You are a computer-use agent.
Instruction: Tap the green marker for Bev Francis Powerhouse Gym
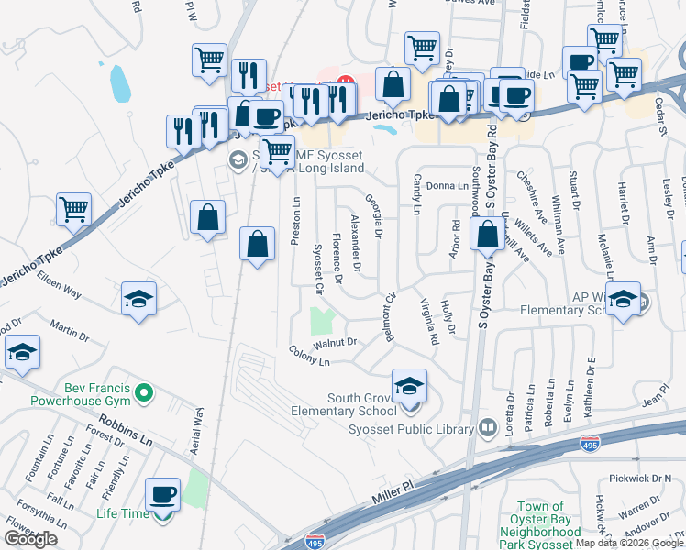click(x=142, y=394)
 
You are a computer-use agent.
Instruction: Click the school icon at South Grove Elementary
click(x=410, y=386)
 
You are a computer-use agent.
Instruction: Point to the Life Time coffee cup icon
click(x=164, y=494)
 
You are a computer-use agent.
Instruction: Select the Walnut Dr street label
click(x=334, y=344)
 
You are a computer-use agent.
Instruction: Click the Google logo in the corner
click(x=30, y=539)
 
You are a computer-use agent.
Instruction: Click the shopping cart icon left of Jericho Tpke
click(x=74, y=209)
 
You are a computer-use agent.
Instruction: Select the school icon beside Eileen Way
click(x=138, y=300)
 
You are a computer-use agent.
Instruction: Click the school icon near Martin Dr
click(x=22, y=352)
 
